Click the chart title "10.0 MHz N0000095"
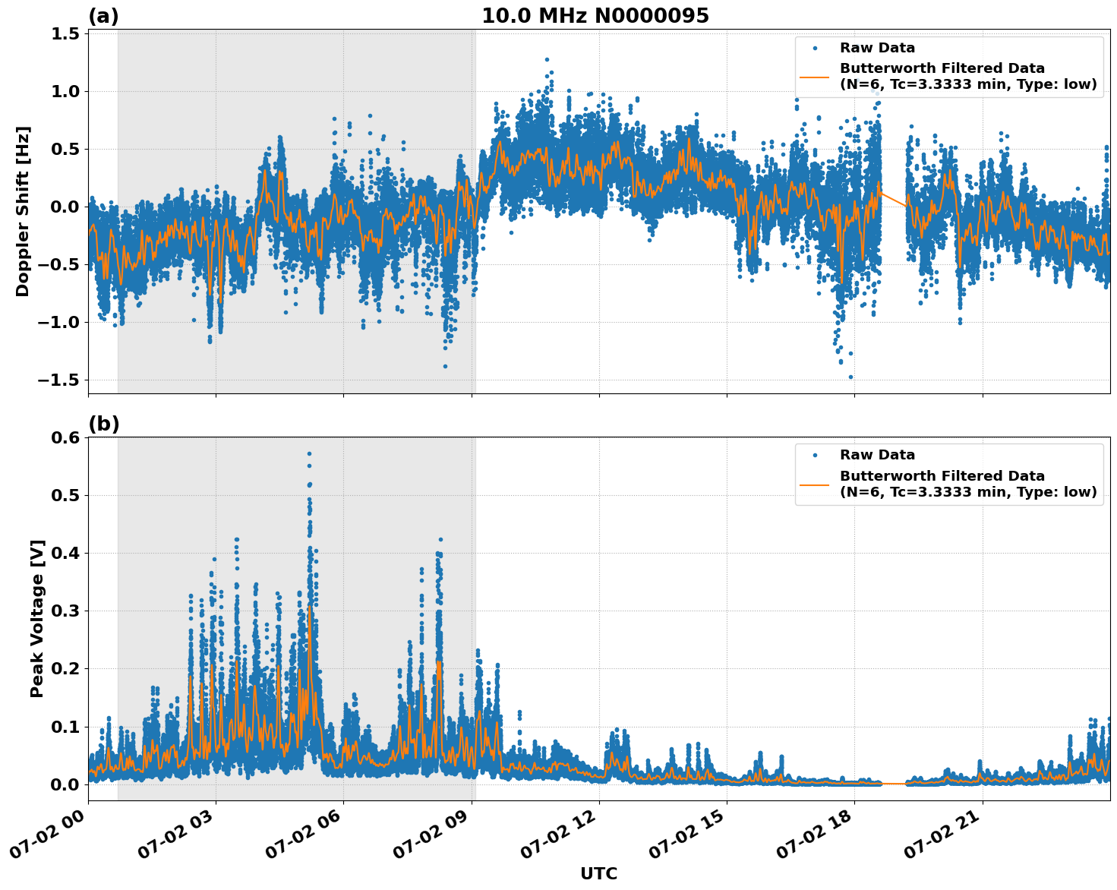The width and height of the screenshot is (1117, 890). pos(595,16)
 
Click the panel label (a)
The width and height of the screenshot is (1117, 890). pos(103,16)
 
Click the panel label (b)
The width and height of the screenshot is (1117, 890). pos(103,424)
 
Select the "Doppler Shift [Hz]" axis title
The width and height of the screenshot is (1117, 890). pos(23,211)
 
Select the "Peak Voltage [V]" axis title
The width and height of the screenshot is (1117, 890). pos(37,618)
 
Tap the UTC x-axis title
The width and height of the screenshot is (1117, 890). pos(598,873)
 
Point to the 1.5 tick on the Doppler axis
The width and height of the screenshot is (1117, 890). pos(66,34)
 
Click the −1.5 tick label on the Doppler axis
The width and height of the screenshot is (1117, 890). pos(61,380)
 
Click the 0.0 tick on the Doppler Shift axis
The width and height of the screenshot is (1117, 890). pos(66,207)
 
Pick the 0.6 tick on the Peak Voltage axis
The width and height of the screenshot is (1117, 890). pos(66,437)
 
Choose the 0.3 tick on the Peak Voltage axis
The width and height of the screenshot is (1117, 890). pos(66,611)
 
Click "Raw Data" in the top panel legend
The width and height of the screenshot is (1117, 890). pos(877,48)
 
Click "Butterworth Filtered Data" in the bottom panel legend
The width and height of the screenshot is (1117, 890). pos(942,476)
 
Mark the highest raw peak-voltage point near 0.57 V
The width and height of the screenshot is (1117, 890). pos(309,453)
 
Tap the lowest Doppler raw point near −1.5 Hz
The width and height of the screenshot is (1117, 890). pos(850,377)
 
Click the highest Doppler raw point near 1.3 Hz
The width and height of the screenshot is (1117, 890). pos(547,59)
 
